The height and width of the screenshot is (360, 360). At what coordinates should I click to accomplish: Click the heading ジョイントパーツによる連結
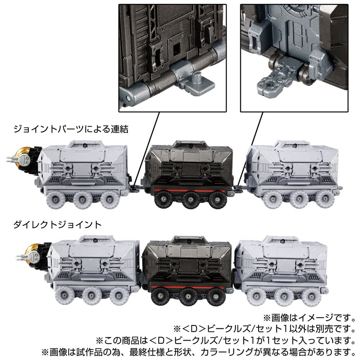[x=71, y=129]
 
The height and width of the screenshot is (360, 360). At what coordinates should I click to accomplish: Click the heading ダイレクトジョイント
[x=57, y=224]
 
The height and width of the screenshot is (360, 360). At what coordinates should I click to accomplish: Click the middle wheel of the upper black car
[x=190, y=199]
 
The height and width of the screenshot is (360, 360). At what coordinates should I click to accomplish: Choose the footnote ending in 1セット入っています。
[x=225, y=340]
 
